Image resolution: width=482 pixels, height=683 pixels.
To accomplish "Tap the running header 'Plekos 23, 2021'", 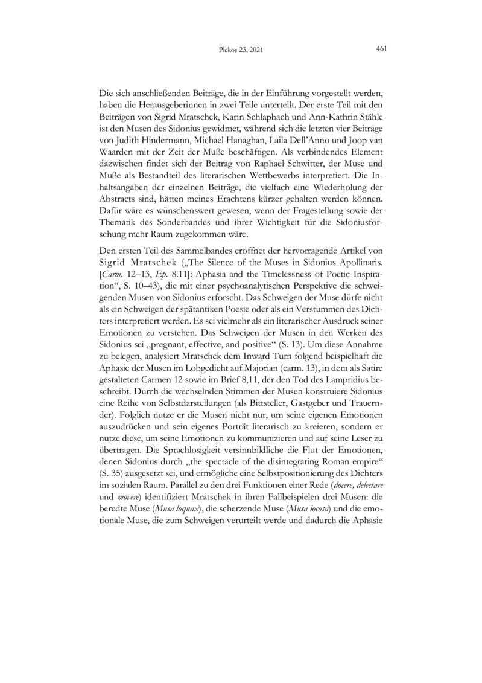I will point(241,51).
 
